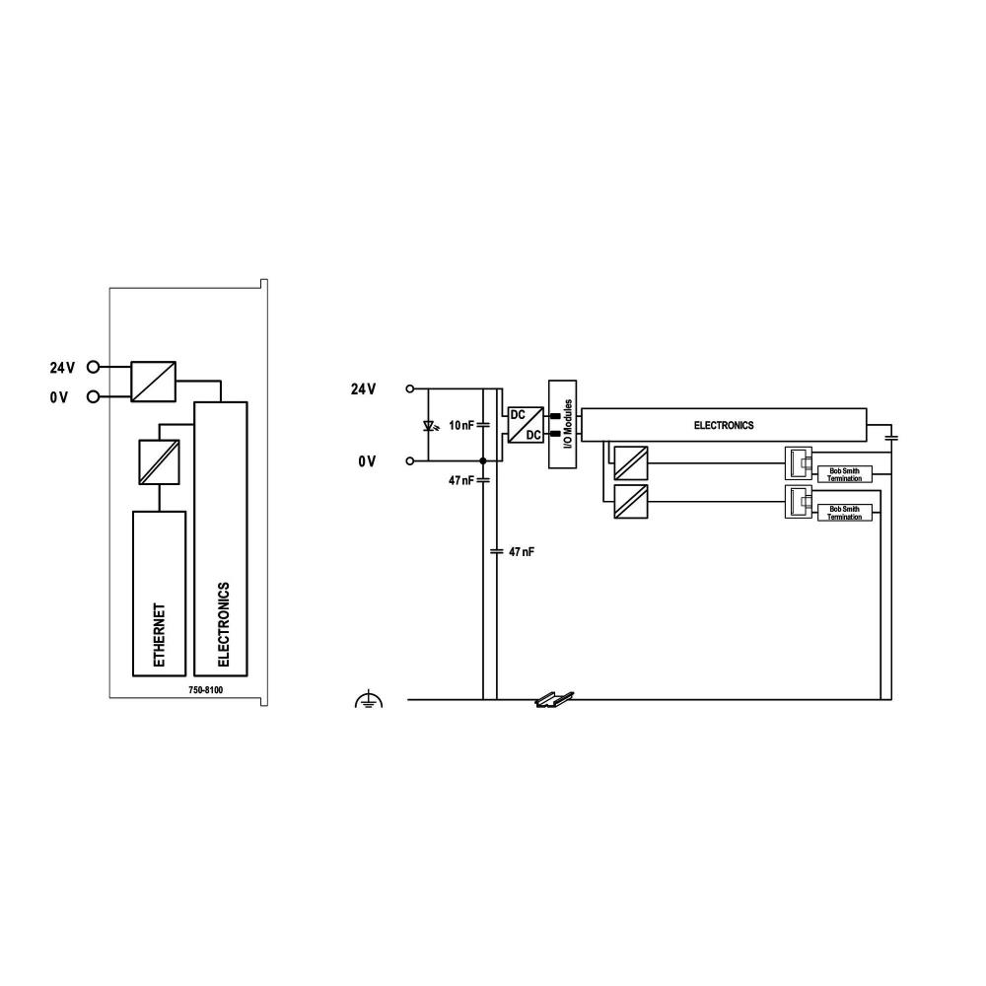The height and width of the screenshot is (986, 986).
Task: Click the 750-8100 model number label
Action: [205, 690]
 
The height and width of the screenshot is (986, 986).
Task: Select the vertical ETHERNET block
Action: [159, 594]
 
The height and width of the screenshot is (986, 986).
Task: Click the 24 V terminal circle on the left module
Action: [94, 367]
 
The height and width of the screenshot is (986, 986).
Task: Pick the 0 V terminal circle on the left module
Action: [94, 396]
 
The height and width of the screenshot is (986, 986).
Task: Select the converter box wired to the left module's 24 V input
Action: [154, 381]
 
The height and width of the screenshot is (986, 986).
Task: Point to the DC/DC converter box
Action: [525, 425]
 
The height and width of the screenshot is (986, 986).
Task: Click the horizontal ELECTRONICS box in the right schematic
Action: [724, 425]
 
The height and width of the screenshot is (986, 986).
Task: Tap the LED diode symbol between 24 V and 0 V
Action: [428, 426]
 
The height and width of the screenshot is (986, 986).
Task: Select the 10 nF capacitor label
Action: [461, 425]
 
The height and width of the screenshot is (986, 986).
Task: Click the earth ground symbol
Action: [368, 701]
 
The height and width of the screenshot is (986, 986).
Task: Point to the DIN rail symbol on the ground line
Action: [545, 701]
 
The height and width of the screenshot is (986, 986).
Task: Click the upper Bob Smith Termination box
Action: [844, 475]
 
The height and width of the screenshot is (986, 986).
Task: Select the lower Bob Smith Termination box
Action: [844, 513]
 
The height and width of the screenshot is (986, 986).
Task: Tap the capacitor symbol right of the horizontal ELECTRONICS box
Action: [891, 435]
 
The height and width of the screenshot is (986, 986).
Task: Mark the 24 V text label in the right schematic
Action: [363, 389]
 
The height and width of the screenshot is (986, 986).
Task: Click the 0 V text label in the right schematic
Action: [367, 460]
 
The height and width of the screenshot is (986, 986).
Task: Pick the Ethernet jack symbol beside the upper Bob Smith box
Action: [798, 464]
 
